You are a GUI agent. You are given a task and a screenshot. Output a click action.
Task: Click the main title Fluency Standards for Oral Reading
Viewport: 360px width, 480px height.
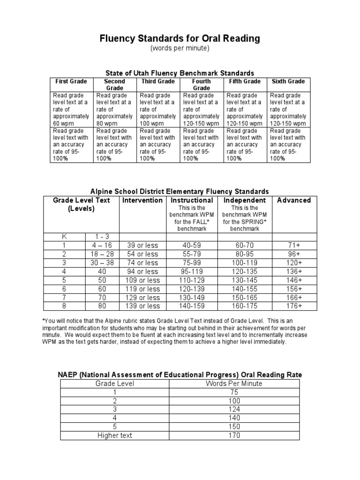click(x=180, y=38)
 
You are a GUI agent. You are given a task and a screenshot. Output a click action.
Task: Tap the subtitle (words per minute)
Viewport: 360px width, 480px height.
click(x=180, y=49)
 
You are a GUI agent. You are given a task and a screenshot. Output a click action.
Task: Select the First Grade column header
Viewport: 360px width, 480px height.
click(x=71, y=82)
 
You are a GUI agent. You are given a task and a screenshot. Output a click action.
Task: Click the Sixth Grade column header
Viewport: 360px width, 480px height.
click(x=288, y=82)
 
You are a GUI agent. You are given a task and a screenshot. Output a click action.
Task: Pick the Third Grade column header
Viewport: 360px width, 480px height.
click(x=158, y=82)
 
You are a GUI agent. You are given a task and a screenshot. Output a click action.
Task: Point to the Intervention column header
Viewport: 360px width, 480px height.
click(x=142, y=200)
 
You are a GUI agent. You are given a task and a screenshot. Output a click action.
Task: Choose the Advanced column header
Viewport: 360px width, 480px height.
click(x=294, y=200)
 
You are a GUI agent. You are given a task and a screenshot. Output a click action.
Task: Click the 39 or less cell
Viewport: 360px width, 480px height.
click(x=142, y=245)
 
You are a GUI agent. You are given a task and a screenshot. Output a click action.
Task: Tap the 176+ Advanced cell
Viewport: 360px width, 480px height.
click(x=294, y=306)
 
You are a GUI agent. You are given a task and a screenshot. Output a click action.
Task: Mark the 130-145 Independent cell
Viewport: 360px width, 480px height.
click(x=244, y=280)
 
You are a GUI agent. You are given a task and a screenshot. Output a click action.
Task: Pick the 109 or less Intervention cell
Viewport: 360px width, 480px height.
click(x=142, y=280)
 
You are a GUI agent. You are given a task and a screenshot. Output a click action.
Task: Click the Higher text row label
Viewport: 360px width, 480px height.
click(x=114, y=435)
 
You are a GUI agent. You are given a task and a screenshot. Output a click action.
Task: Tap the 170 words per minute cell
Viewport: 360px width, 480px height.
click(x=234, y=435)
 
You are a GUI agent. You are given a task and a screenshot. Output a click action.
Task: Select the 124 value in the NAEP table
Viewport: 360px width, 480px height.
click(x=234, y=409)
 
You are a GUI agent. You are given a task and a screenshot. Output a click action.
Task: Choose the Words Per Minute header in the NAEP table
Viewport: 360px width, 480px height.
click(x=234, y=383)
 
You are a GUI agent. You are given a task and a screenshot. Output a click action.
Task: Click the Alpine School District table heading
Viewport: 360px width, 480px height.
click(x=180, y=191)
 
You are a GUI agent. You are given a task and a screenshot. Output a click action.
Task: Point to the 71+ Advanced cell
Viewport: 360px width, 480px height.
click(x=294, y=245)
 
